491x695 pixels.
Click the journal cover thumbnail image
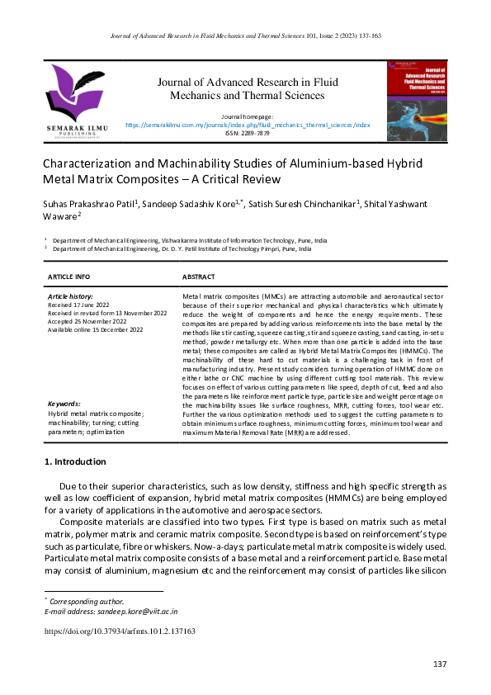coord(418,100)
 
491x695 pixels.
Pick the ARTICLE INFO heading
coord(68,277)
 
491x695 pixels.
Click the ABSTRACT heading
coord(198,277)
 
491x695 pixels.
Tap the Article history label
coord(70,295)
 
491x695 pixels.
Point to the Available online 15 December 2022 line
coord(96,329)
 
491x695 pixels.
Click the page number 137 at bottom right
coord(440,664)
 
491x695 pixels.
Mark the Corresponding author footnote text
coord(87,602)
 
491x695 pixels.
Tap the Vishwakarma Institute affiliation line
coord(189,240)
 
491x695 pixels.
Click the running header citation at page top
coord(245,35)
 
